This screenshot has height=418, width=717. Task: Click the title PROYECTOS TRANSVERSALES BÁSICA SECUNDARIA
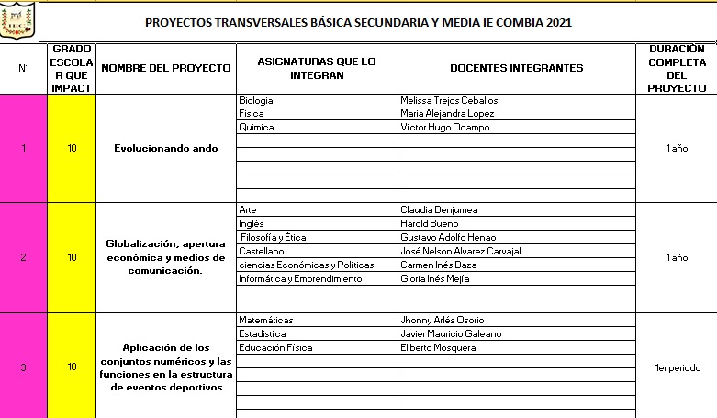pyautogui.click(x=358, y=23)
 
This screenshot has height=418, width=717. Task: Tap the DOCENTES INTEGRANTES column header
pyautogui.click(x=516, y=68)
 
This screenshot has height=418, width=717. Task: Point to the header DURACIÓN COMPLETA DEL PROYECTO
pyautogui.click(x=677, y=68)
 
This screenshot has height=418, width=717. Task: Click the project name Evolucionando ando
pyautogui.click(x=166, y=148)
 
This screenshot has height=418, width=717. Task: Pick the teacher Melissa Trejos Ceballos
pyautogui.click(x=451, y=100)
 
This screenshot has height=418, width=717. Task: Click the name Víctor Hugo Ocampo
pyautogui.click(x=445, y=128)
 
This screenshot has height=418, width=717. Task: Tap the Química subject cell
pyautogui.click(x=256, y=128)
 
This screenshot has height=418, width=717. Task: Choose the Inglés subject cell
pyautogui.click(x=252, y=223)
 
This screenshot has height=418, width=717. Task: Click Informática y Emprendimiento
pyautogui.click(x=294, y=278)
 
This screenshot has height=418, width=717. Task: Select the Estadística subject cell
pyautogui.click(x=262, y=333)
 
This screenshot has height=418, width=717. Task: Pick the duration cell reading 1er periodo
pyautogui.click(x=678, y=367)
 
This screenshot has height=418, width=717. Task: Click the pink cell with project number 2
pyautogui.click(x=23, y=257)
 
